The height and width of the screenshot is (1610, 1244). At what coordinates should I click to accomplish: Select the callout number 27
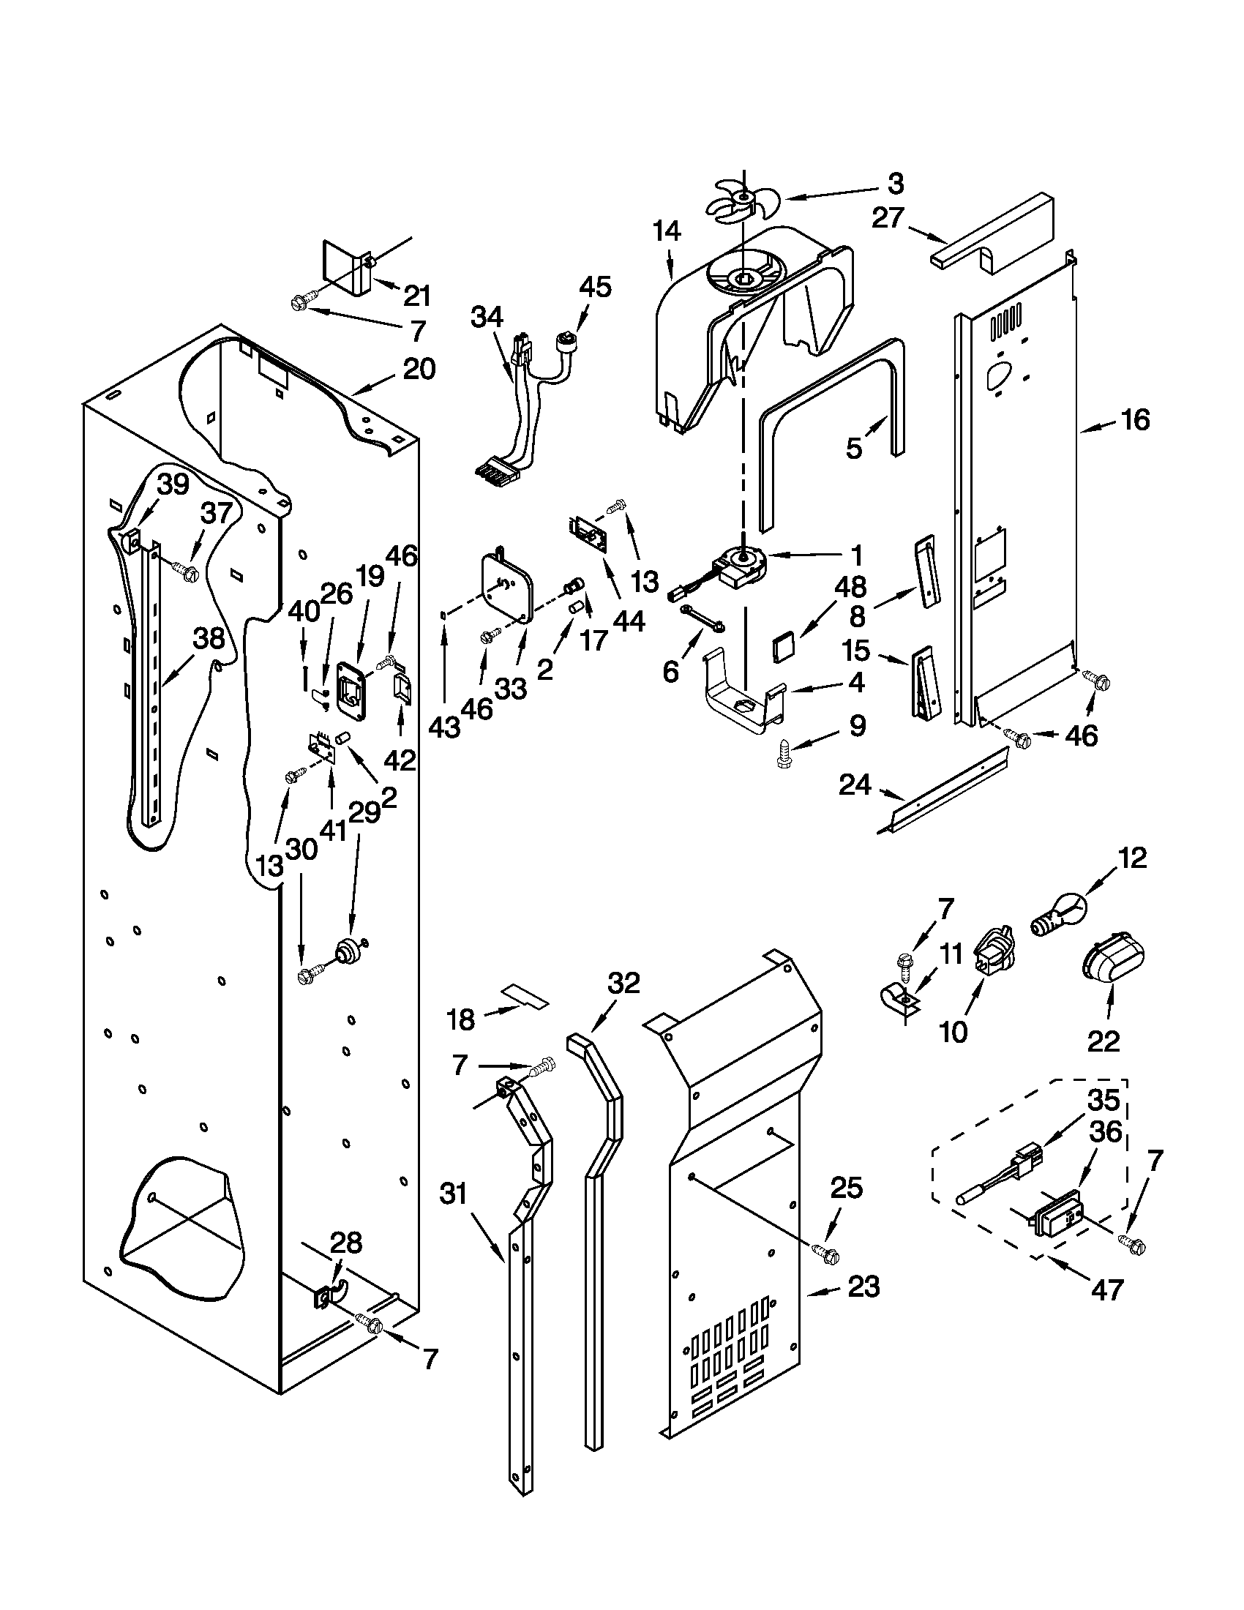click(888, 218)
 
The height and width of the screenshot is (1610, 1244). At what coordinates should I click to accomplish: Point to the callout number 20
click(419, 369)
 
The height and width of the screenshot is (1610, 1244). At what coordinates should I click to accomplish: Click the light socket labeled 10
click(992, 957)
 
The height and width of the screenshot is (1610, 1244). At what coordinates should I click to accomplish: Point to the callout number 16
click(1135, 420)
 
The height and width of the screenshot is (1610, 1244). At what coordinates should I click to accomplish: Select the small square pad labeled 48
click(783, 646)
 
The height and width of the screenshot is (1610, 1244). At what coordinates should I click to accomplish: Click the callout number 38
click(209, 638)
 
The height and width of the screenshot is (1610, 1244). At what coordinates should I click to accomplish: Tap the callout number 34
click(487, 318)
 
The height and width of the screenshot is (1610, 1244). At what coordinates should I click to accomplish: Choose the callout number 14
click(666, 231)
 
